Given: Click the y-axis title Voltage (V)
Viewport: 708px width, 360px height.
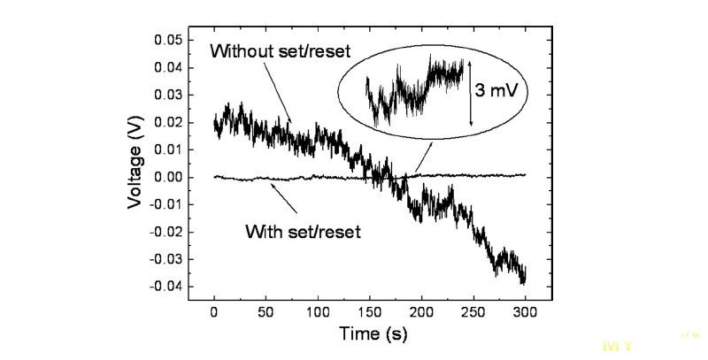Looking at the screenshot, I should click(x=135, y=163).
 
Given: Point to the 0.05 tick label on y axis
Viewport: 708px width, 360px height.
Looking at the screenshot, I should click(x=169, y=41).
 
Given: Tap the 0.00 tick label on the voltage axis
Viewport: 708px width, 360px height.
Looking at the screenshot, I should click(x=169, y=177).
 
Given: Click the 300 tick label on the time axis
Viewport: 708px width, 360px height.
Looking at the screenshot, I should click(x=526, y=312).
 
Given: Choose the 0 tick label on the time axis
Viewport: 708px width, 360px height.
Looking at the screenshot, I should click(x=214, y=312).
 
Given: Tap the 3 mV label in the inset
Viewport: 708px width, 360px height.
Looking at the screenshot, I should click(x=499, y=91).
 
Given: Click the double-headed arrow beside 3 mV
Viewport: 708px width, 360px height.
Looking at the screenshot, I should click(x=471, y=92).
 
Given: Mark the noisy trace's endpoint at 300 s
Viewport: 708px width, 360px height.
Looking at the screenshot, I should click(x=525, y=281).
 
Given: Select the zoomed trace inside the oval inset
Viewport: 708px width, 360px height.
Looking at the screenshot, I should click(x=416, y=88).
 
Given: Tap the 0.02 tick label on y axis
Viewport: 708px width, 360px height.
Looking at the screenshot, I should click(x=169, y=122).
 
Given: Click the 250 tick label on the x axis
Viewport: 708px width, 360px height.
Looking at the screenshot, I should click(x=473, y=312).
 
